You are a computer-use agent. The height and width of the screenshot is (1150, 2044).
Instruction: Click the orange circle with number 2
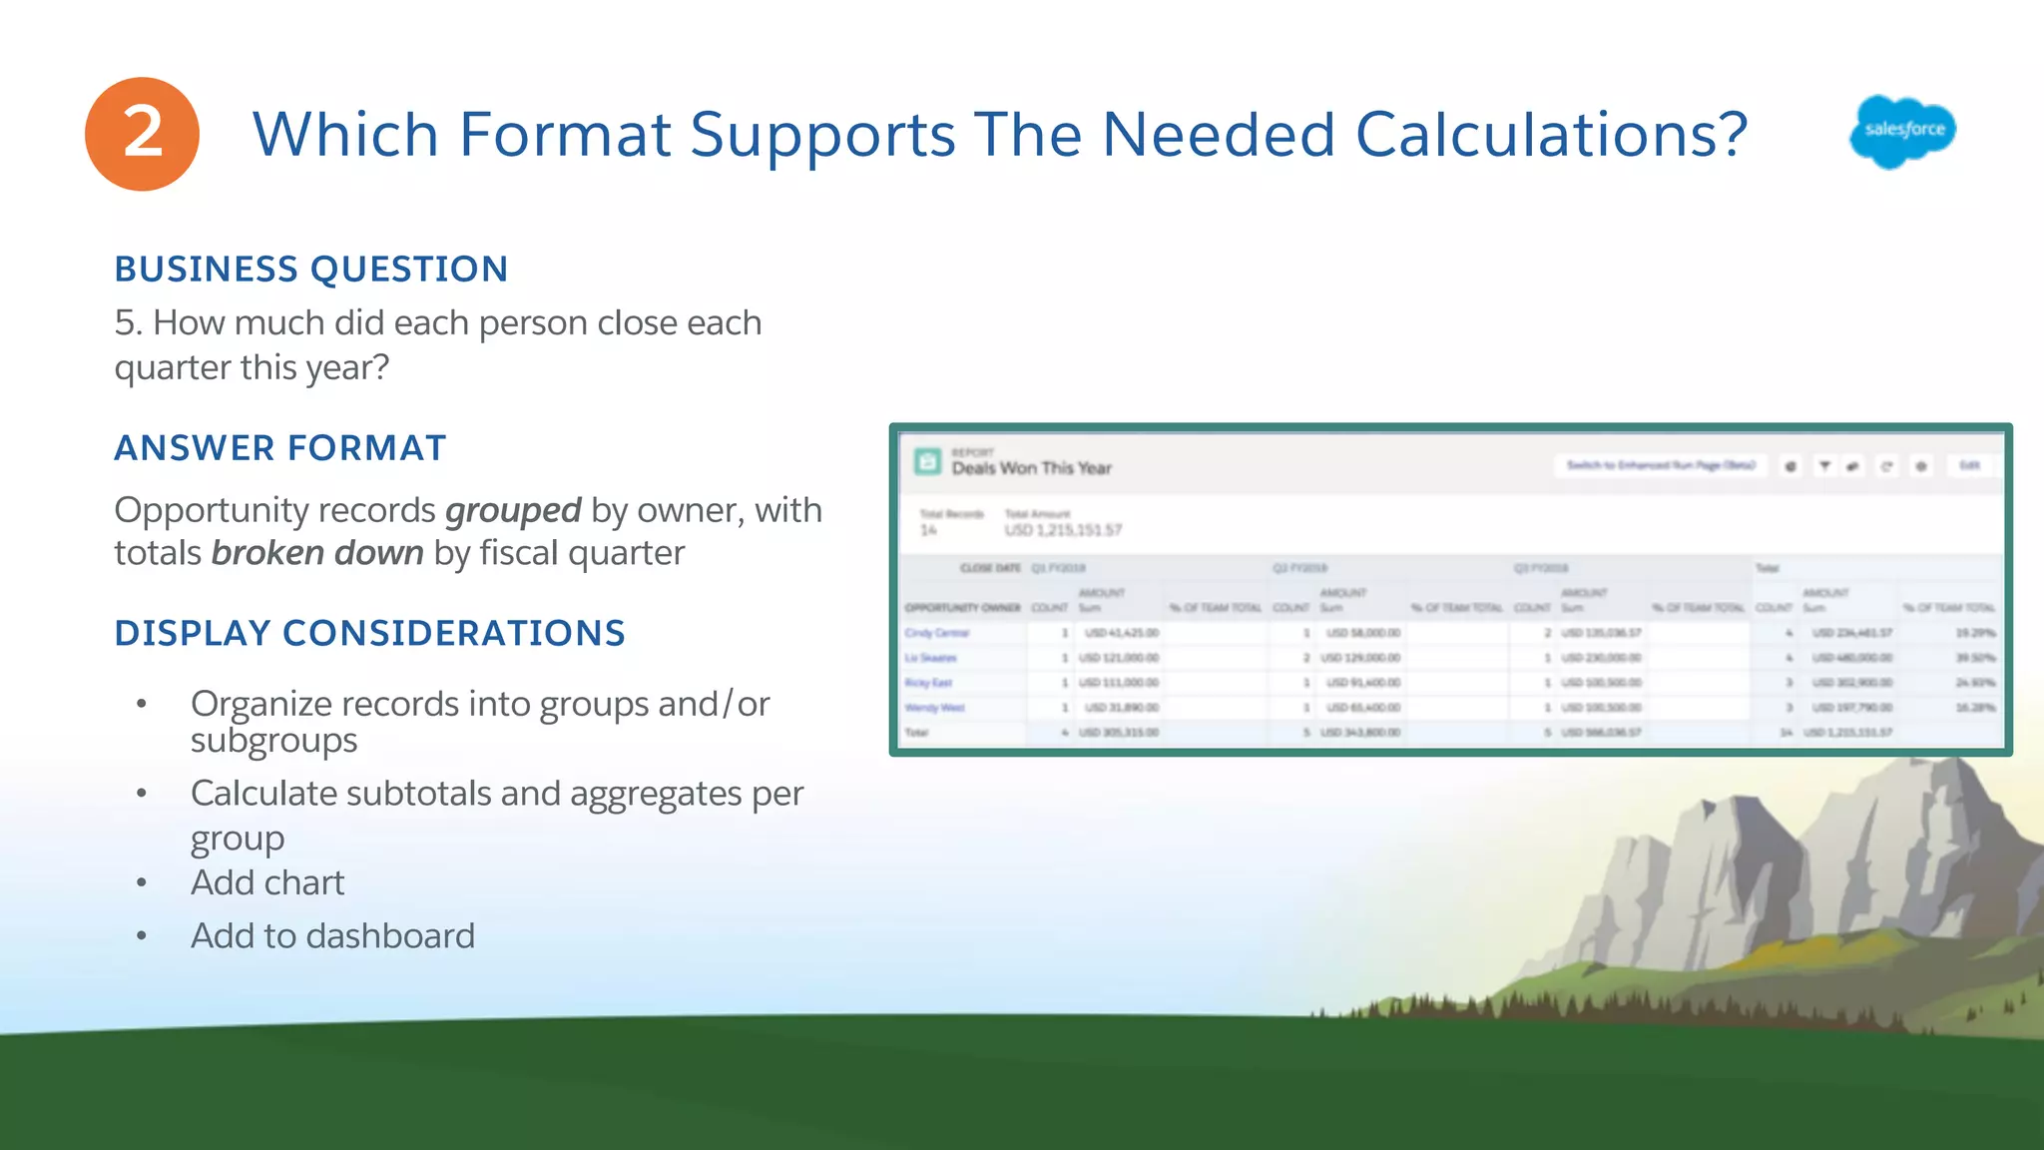tap(142, 134)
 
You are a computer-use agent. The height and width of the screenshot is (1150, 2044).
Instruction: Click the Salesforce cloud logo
tap(1902, 131)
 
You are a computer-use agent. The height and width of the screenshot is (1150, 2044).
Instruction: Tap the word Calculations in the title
tap(1550, 135)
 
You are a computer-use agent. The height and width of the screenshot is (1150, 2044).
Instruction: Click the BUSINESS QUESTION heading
tap(311, 270)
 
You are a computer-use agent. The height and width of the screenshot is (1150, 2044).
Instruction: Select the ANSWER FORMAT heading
tap(279, 448)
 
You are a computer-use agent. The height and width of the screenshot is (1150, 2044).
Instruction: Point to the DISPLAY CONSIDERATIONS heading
tap(369, 633)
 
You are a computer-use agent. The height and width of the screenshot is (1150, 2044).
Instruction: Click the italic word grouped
tap(513, 510)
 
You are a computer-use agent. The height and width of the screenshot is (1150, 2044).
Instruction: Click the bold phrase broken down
tap(317, 553)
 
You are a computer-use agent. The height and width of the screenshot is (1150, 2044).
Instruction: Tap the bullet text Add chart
tap(267, 882)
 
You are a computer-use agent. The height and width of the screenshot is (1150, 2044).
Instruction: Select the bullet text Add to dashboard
tap(332, 936)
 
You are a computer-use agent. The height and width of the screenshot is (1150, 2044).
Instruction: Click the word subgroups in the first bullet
tap(273, 741)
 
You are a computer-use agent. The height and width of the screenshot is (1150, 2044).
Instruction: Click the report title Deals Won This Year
tap(1031, 468)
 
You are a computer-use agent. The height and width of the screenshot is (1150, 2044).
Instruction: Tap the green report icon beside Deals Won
tap(927, 461)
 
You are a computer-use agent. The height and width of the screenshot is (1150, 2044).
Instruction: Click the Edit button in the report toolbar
tap(1968, 465)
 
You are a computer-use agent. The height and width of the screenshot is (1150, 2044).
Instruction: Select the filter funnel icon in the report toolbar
tap(1824, 466)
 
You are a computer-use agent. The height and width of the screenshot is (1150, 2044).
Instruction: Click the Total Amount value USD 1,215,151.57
tap(1063, 530)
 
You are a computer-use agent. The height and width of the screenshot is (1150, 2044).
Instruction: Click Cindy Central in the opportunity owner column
tap(936, 633)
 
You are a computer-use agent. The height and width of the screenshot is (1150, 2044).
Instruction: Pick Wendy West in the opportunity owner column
tap(934, 708)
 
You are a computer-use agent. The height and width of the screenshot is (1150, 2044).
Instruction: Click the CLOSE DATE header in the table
tap(990, 568)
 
